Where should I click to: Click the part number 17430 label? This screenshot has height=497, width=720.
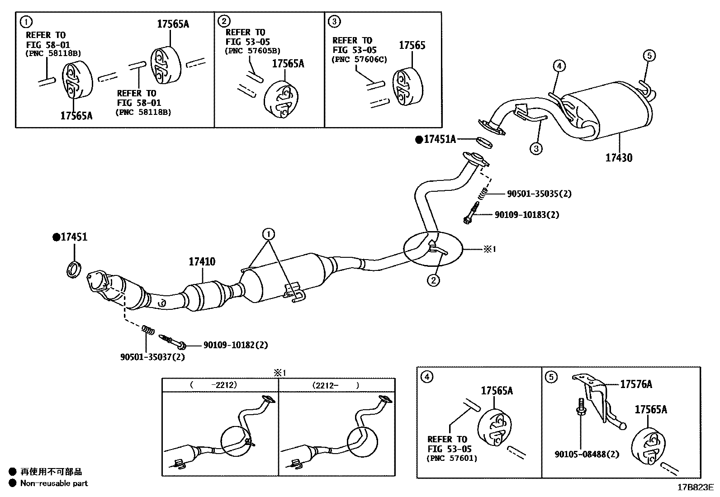[x=619, y=158]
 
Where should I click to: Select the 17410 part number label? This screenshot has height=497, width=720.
[x=202, y=261]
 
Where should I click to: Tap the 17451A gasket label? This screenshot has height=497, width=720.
[x=439, y=140]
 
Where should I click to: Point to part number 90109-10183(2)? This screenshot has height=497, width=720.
[x=526, y=215]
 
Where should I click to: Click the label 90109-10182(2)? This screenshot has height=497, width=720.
[x=235, y=345]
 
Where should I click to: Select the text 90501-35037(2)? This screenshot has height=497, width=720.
[x=152, y=357]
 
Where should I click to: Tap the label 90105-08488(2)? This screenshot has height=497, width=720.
[x=587, y=454]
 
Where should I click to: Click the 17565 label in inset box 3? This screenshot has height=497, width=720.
[x=412, y=45]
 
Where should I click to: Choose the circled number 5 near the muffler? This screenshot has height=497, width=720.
[x=649, y=56]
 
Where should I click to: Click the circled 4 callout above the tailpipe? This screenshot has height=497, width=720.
[x=559, y=66]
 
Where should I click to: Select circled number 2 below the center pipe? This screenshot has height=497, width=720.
[x=433, y=280]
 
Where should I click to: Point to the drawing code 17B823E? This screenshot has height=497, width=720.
[x=695, y=488]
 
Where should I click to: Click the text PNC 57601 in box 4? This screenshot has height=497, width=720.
[x=452, y=459]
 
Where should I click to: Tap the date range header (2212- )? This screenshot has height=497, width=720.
[x=336, y=385]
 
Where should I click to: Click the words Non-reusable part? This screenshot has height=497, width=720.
[x=54, y=483]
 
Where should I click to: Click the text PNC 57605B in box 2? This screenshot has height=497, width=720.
[x=252, y=51]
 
